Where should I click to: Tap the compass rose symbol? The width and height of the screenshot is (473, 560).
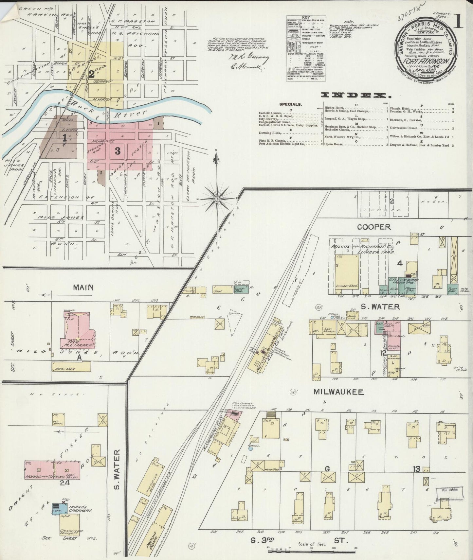[217, 199]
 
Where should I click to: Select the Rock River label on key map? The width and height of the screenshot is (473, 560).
[129, 113]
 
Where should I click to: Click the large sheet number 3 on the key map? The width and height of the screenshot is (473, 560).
[117, 151]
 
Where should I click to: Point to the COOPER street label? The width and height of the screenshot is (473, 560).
[374, 227]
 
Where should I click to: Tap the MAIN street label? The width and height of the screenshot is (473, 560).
[83, 288]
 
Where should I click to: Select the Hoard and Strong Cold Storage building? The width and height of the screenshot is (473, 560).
[52, 469]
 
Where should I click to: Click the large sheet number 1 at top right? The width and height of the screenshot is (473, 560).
[458, 22]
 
